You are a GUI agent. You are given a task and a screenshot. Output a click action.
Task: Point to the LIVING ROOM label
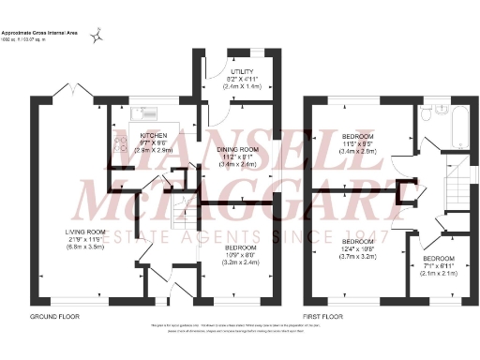pos(85,231)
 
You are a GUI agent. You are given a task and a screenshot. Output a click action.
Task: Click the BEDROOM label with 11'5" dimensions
pos(358,134)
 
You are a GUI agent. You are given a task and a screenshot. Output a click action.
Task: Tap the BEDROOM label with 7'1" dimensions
pos(438,258)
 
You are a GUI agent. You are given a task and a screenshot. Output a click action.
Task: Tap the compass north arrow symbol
pos(96,37)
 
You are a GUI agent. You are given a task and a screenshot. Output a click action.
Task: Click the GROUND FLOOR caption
pos(53,316)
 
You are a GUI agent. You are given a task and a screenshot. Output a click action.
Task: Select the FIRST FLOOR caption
pos(323,316)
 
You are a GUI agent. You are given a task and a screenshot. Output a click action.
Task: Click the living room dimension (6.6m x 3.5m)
pos(85,247)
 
